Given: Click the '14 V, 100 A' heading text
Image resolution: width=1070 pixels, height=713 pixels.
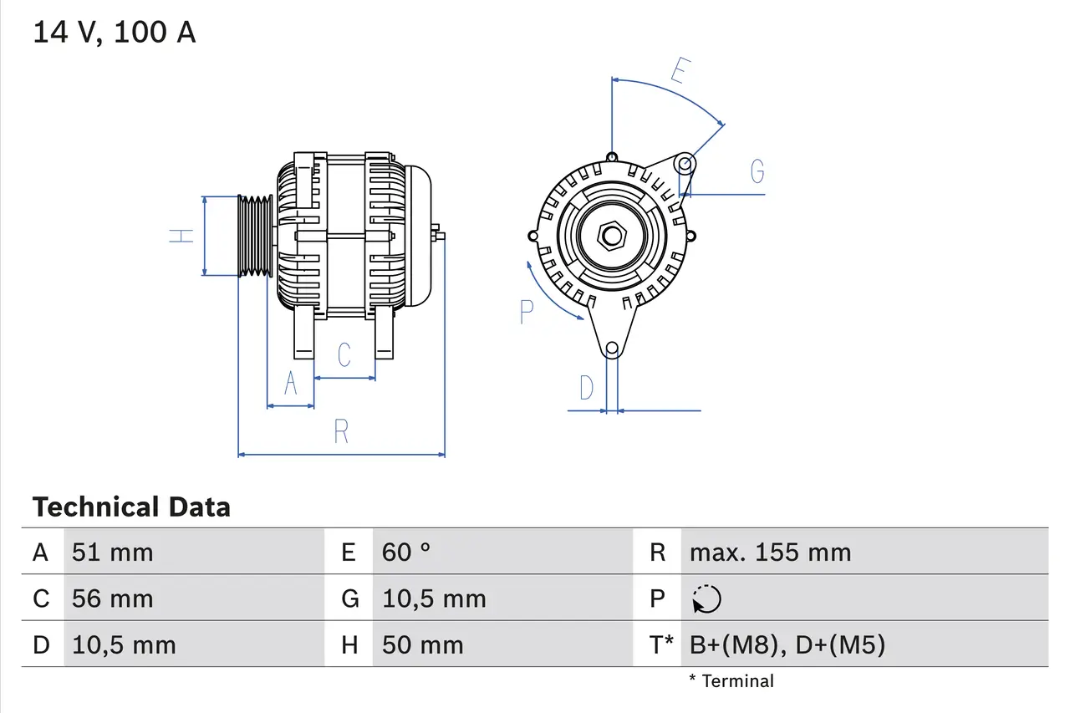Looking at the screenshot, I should [114, 33].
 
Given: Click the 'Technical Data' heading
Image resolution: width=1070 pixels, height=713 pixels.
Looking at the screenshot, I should [131, 507].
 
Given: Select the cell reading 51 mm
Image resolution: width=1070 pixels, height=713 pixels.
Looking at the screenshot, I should [113, 552].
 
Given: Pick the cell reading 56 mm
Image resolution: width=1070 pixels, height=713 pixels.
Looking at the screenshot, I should [113, 598].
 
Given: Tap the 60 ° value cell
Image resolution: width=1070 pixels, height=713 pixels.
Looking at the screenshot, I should [406, 552].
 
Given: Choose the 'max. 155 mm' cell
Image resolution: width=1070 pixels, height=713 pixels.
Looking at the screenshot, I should [770, 552].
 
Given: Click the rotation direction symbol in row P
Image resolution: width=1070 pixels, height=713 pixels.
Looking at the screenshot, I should [706, 598].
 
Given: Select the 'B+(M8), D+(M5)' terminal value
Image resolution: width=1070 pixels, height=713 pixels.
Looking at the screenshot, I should [787, 644].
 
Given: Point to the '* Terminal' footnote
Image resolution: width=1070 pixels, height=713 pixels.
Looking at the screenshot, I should [731, 681].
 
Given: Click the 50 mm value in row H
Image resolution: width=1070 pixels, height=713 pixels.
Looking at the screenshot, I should [422, 644].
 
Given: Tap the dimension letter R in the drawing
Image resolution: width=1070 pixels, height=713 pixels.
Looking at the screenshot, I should [341, 432].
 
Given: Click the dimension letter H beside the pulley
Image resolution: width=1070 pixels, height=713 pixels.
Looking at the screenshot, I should [181, 236].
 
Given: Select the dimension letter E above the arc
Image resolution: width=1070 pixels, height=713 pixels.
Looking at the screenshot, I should [679, 72].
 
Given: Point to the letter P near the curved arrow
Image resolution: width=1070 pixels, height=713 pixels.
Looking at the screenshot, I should [526, 312].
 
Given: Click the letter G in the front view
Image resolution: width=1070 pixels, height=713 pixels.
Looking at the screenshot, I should [757, 171].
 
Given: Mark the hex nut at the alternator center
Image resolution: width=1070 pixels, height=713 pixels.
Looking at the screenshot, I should [612, 237].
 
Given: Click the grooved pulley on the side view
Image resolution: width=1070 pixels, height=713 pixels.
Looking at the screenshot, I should [255, 236].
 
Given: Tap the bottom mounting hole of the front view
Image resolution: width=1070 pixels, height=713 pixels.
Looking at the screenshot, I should [612, 348].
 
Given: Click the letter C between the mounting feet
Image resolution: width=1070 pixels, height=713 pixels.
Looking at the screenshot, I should [344, 354].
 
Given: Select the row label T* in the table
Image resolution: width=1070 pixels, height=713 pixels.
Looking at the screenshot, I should [661, 644].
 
